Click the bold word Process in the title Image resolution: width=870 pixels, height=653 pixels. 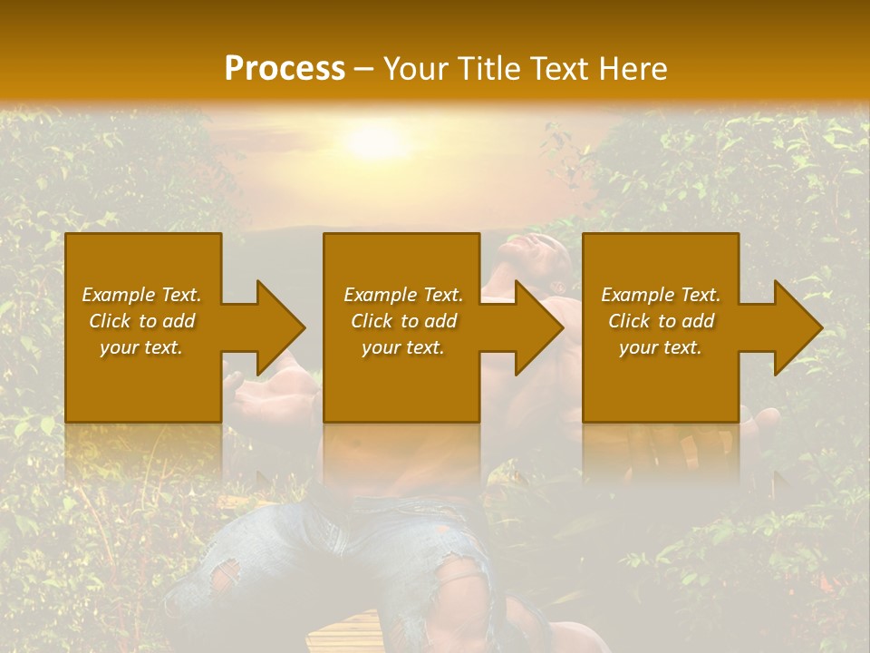point(285,68)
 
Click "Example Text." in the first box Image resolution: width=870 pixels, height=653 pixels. point(141,295)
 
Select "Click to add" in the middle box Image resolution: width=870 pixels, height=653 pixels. point(403,321)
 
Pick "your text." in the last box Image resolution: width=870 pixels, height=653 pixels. point(660,347)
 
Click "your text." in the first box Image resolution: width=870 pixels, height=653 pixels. point(141,347)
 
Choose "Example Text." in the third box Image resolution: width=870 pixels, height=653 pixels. point(660,295)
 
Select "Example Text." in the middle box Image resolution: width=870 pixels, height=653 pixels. point(403,295)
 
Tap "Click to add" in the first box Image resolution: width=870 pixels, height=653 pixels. point(141,321)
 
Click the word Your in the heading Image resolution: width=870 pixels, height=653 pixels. point(412,68)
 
